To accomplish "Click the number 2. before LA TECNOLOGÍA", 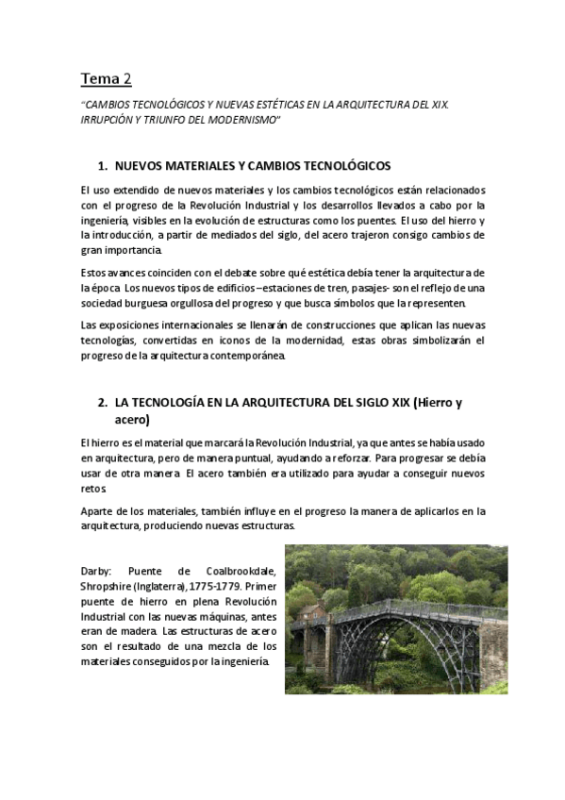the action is pyautogui.click(x=103, y=402).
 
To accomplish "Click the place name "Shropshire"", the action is pyautogui.click(x=108, y=586).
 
